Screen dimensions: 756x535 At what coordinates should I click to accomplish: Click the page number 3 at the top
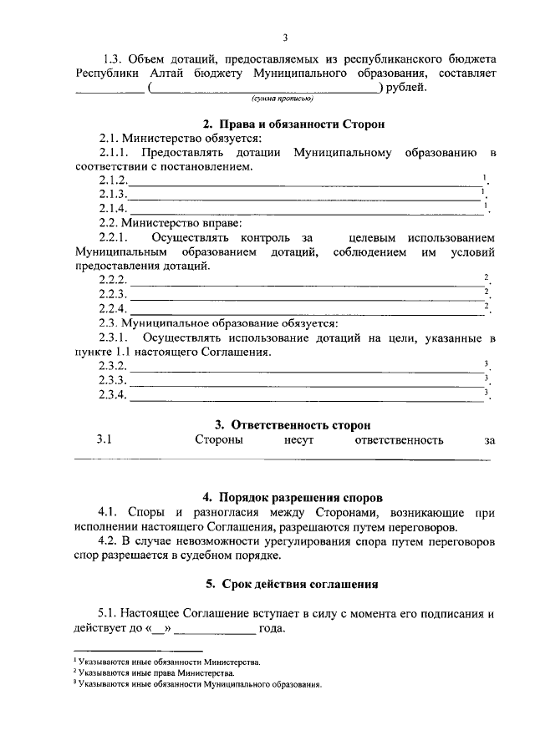pos(285,38)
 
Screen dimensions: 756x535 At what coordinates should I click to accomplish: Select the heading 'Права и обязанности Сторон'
pos(285,124)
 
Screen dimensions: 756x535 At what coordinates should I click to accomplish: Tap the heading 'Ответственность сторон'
pos(285,425)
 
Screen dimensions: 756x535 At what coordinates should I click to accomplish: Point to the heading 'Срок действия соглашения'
pos(285,583)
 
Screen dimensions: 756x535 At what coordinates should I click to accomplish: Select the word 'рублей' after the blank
pos(405,87)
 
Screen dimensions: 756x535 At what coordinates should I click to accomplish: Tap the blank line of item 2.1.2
pos(304,181)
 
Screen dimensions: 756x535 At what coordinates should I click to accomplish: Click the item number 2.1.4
pos(113,208)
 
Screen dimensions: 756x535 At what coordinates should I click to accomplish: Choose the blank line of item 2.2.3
pos(304,295)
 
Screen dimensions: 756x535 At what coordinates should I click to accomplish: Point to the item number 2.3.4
pos(113,395)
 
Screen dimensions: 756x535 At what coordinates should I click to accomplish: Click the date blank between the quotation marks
pos(160,629)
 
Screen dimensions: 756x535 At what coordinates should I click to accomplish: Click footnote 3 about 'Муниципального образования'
pos(199,683)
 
